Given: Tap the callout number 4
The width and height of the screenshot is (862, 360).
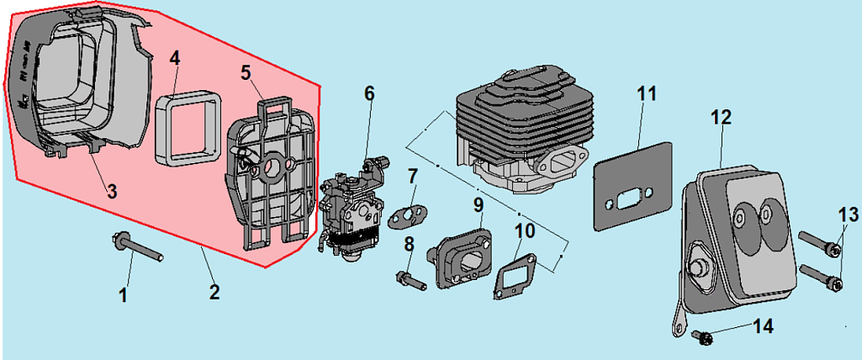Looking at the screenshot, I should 174,58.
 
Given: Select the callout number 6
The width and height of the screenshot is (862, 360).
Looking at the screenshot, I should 369,93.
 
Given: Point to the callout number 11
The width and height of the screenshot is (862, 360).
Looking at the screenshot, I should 645,93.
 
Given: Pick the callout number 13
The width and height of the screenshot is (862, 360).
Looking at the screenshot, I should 843,215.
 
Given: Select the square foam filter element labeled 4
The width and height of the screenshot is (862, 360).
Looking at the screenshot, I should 187,128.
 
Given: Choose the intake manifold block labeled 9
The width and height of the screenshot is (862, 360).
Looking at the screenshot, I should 463,253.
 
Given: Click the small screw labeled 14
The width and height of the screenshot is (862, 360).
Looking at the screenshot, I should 703,337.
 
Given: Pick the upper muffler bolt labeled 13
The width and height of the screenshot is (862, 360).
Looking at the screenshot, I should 817,245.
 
